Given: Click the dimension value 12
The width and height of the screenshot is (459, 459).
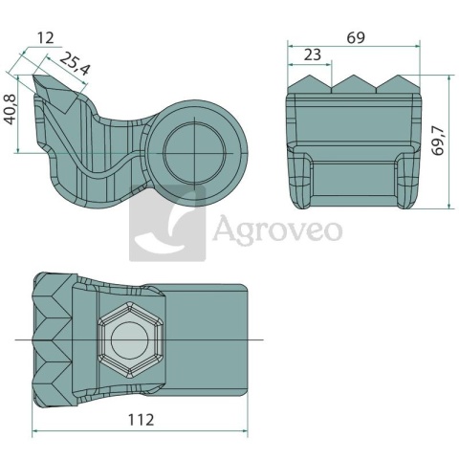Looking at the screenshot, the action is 46,38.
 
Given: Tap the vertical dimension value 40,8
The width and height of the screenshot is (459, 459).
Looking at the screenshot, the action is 10,109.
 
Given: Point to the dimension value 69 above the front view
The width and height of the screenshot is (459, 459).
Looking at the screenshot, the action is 356,38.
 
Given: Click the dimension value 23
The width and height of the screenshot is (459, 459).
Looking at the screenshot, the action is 313,55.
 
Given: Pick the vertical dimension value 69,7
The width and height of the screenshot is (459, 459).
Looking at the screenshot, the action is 438,141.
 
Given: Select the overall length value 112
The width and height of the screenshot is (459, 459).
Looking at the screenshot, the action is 141,420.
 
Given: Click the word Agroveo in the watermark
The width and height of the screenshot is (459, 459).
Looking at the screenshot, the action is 277,229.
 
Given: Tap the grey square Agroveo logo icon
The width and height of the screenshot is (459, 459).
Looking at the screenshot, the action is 167,223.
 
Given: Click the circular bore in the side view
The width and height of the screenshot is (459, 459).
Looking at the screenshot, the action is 194,153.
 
